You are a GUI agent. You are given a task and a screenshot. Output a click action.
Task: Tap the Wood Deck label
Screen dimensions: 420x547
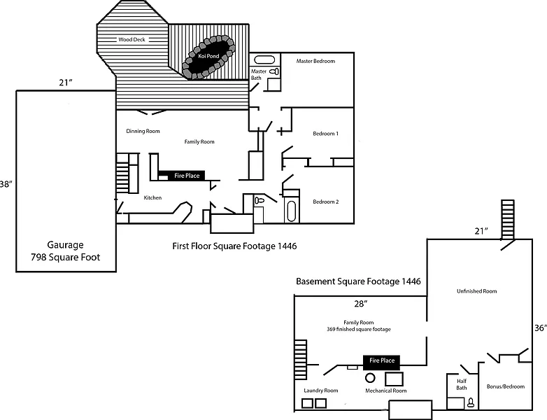132,40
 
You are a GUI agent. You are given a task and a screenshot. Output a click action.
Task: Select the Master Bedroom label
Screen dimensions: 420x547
315,61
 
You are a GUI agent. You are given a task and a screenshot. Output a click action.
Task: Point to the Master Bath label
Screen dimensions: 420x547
259,73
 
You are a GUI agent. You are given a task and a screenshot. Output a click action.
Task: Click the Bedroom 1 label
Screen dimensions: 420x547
325,134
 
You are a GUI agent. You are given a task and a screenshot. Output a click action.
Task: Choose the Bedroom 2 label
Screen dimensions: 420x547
325,202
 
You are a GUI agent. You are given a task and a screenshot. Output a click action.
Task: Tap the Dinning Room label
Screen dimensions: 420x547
143,131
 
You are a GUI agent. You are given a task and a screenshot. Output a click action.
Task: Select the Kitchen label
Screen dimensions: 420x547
152,198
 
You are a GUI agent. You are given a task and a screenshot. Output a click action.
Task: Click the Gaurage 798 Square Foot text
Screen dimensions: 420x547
65,251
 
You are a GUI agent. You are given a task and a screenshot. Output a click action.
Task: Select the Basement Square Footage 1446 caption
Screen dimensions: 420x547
358,281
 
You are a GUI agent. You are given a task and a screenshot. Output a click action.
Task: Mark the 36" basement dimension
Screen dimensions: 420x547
539,328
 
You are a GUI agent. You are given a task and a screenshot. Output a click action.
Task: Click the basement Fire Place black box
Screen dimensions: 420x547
382,361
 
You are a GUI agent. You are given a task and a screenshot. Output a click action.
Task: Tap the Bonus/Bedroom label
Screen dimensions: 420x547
505,386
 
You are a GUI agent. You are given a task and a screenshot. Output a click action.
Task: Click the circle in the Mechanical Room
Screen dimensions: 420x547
371,377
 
